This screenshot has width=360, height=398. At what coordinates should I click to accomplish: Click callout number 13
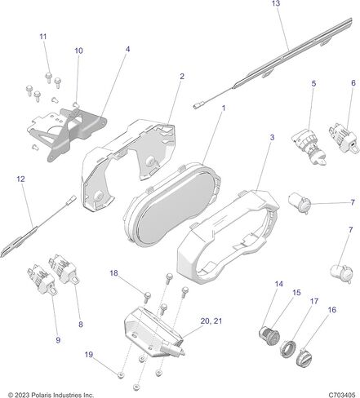pyautogui.click(x=276, y=3)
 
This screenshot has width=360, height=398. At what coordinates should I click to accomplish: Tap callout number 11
pyautogui.click(x=43, y=37)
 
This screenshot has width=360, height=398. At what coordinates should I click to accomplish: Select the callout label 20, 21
pyautogui.click(x=211, y=321)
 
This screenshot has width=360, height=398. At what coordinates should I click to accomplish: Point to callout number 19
pyautogui.click(x=89, y=355)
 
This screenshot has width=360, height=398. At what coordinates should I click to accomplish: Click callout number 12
pyautogui.click(x=20, y=179)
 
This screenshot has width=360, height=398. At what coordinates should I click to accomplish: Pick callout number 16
pyautogui.click(x=332, y=310)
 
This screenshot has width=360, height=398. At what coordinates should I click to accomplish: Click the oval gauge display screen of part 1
pyautogui.click(x=176, y=206)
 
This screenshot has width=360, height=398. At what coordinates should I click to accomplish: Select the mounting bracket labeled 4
pyautogui.click(x=67, y=133)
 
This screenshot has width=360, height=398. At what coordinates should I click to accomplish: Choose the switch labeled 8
pyautogui.click(x=64, y=269)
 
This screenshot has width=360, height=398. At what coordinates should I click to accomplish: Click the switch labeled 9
pyautogui.click(x=42, y=280)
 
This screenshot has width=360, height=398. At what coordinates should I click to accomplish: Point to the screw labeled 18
pyautogui.click(x=147, y=297)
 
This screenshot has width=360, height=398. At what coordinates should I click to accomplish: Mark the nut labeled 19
pyautogui.click(x=122, y=375)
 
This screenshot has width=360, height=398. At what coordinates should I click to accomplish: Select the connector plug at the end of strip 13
pyautogui.click(x=198, y=106)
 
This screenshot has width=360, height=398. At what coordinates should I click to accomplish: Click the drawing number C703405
pyautogui.click(x=342, y=395)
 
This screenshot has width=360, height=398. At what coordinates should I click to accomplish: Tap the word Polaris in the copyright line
pyautogui.click(x=41, y=395)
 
